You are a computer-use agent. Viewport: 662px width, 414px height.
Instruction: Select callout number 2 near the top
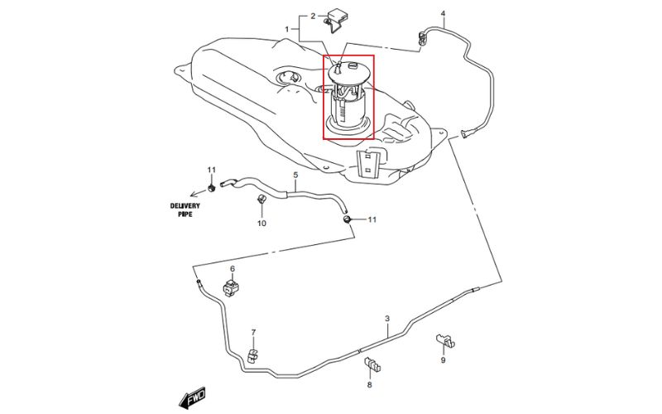pyautogui.click(x=314, y=16)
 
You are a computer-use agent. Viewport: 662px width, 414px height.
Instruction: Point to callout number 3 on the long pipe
pyautogui.click(x=386, y=319)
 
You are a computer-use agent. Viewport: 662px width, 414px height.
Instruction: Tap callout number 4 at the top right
pyautogui.click(x=443, y=14)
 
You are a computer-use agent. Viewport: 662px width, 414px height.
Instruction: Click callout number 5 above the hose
pyautogui.click(x=295, y=176)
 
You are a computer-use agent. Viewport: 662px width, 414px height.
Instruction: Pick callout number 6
pyautogui.click(x=233, y=270)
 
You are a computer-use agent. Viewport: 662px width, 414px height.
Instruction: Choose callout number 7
pyautogui.click(x=253, y=333)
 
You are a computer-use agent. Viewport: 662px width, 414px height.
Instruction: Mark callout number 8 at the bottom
pyautogui.click(x=370, y=385)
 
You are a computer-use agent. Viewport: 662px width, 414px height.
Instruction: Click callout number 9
pyautogui.click(x=443, y=360)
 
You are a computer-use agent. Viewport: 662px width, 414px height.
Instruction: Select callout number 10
pyautogui.click(x=261, y=224)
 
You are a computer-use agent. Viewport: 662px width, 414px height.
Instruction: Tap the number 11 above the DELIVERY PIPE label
pyautogui.click(x=211, y=171)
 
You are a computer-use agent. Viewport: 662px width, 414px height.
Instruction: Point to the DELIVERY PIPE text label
pyautogui.click(x=185, y=209)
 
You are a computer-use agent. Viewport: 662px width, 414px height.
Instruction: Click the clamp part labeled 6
pyautogui.click(x=233, y=289)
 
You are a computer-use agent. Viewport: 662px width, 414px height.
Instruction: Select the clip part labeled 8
pyautogui.click(x=372, y=365)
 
